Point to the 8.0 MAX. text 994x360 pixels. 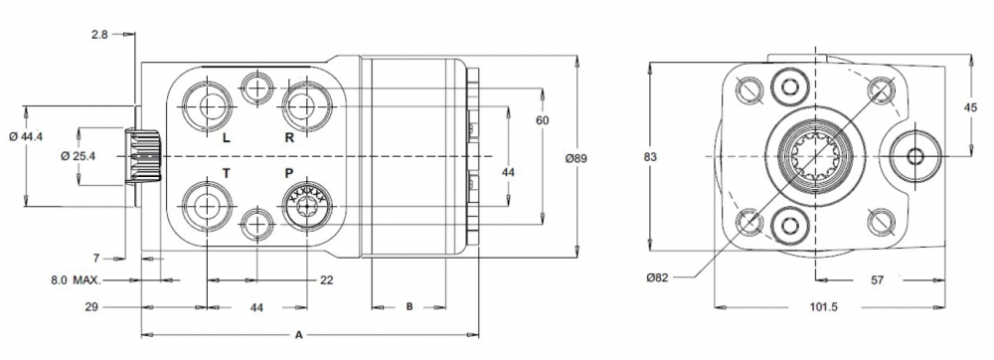pos(79,281)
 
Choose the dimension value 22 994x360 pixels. pos(326,281)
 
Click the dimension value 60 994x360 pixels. pos(542,120)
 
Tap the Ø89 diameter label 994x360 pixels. pos(578,158)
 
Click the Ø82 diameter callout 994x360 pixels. pos(657,277)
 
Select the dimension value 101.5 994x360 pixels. pos(822,307)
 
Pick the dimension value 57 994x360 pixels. pos(877,281)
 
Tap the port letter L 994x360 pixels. pos(226,138)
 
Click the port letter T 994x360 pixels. pos(226,173)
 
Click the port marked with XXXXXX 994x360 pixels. pos(305,207)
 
